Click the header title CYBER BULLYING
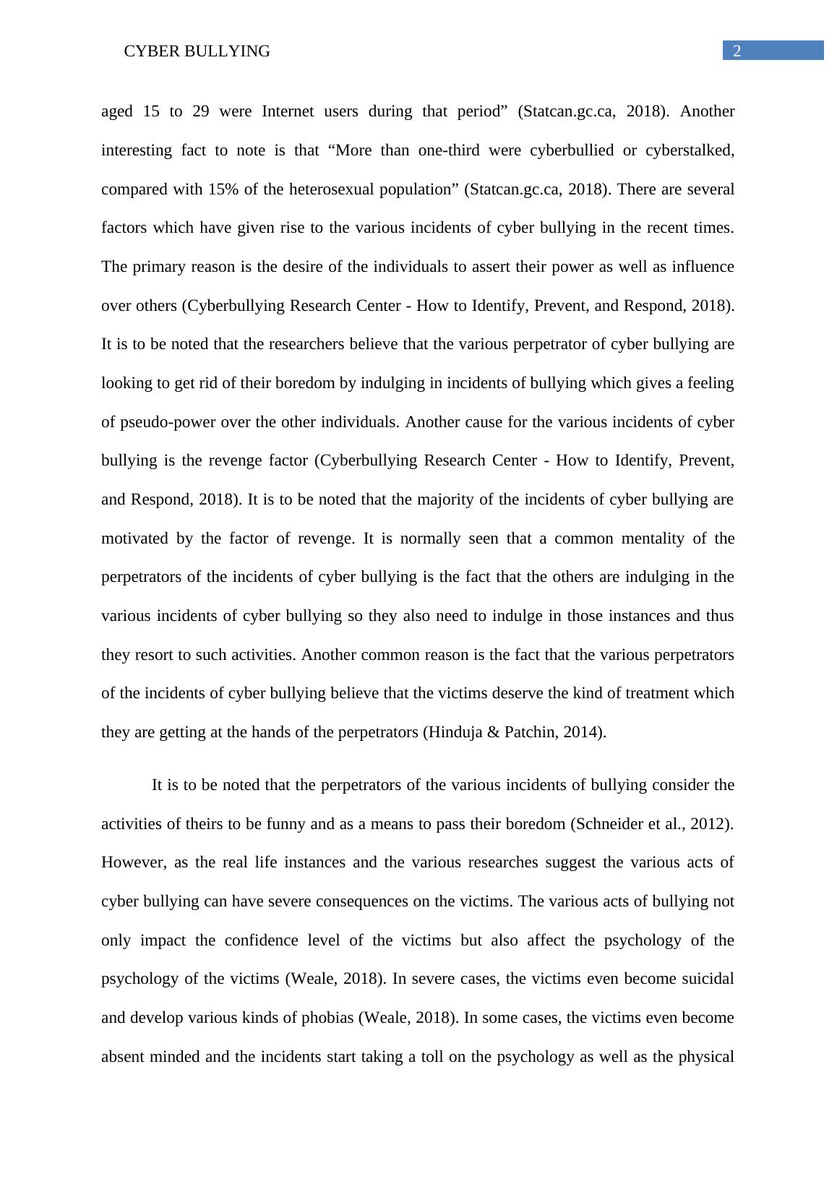point(197,51)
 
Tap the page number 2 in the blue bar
point(737,51)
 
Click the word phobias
point(329,1018)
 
